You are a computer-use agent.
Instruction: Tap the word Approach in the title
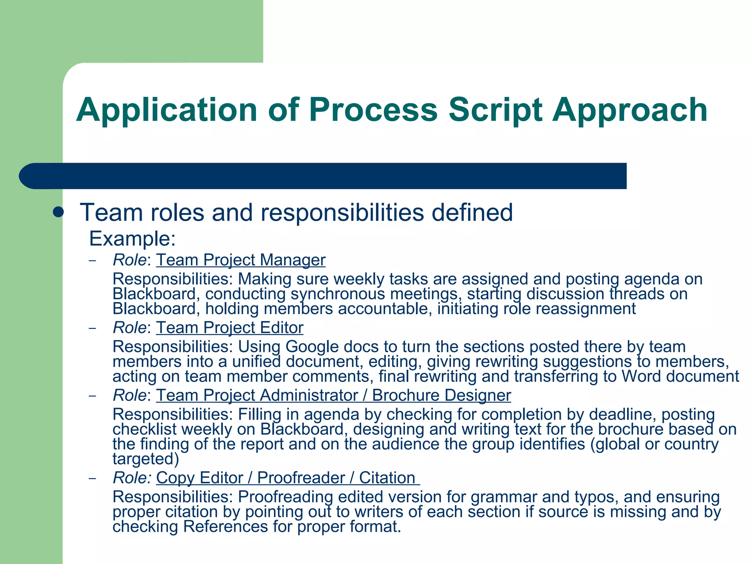(630, 110)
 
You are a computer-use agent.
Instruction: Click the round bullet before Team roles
(58, 212)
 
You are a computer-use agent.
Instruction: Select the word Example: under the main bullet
(133, 239)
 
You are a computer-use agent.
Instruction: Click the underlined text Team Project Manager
(241, 260)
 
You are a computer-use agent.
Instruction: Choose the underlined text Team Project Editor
(230, 328)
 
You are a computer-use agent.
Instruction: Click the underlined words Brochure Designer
(441, 395)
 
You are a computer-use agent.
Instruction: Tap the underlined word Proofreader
(301, 478)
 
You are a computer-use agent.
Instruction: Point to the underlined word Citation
(387, 478)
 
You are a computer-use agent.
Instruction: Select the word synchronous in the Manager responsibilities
(337, 294)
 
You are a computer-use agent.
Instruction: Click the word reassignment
(586, 309)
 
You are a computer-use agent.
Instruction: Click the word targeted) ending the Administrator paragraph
(146, 459)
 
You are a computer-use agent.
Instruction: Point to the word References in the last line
(225, 527)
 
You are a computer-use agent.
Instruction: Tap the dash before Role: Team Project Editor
(93, 328)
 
